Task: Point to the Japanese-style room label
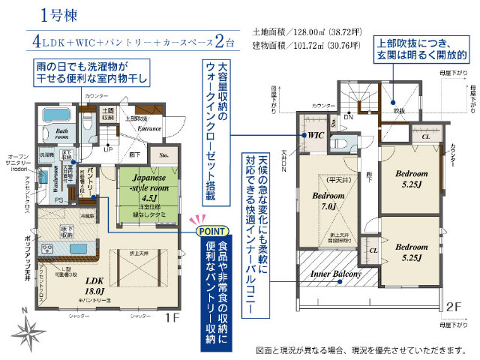[142, 184]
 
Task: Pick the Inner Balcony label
[336, 274]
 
